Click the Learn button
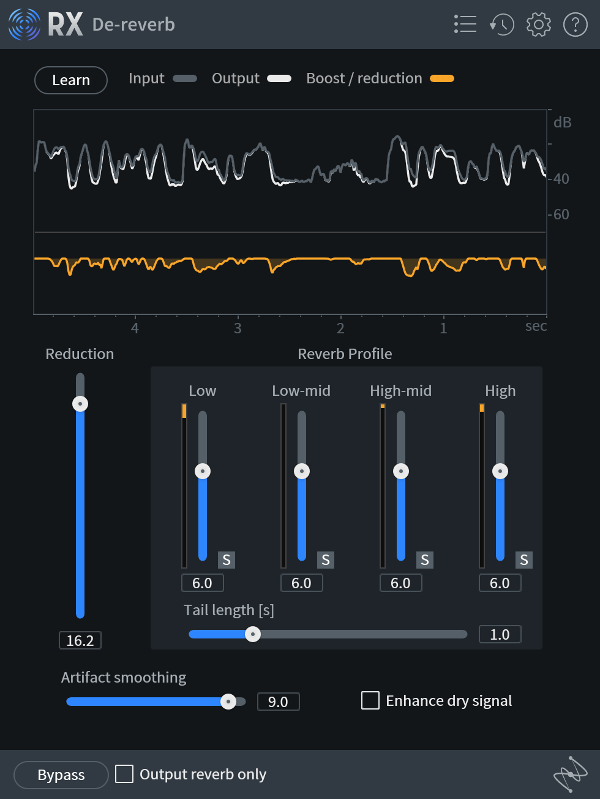71,80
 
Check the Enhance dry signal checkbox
370,700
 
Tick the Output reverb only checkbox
124,774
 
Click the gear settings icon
538,25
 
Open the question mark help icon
575,25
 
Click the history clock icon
502,25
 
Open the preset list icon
465,25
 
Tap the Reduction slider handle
80,404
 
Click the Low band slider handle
203,471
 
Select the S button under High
523,560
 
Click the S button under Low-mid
325,560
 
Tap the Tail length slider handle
252,634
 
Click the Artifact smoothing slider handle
228,702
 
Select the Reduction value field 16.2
80,640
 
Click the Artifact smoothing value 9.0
278,702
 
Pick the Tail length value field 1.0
500,634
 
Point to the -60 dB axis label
560,214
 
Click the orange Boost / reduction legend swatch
442,78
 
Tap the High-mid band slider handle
401,471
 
